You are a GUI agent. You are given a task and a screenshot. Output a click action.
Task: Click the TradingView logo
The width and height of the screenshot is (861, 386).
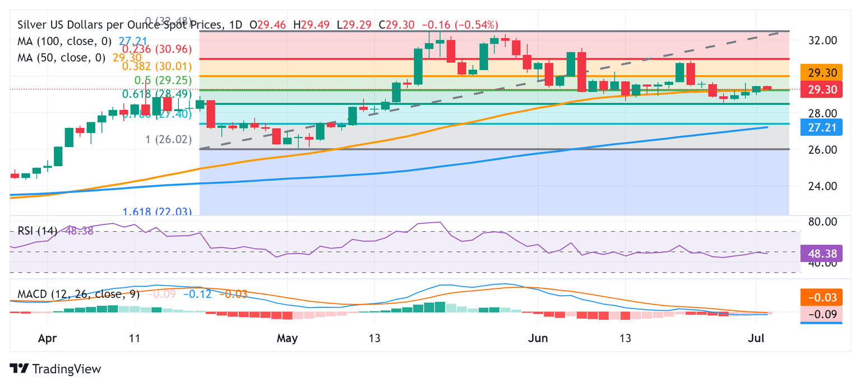(x=55, y=369)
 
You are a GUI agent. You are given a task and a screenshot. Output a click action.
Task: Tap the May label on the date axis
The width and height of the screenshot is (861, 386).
(x=287, y=338)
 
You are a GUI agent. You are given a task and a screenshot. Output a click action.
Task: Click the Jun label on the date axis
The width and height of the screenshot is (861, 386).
(x=538, y=338)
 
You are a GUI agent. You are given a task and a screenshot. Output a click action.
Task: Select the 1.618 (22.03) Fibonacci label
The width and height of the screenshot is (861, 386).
(x=158, y=212)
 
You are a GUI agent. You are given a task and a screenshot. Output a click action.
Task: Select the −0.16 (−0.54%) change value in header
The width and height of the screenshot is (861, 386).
(x=460, y=25)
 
